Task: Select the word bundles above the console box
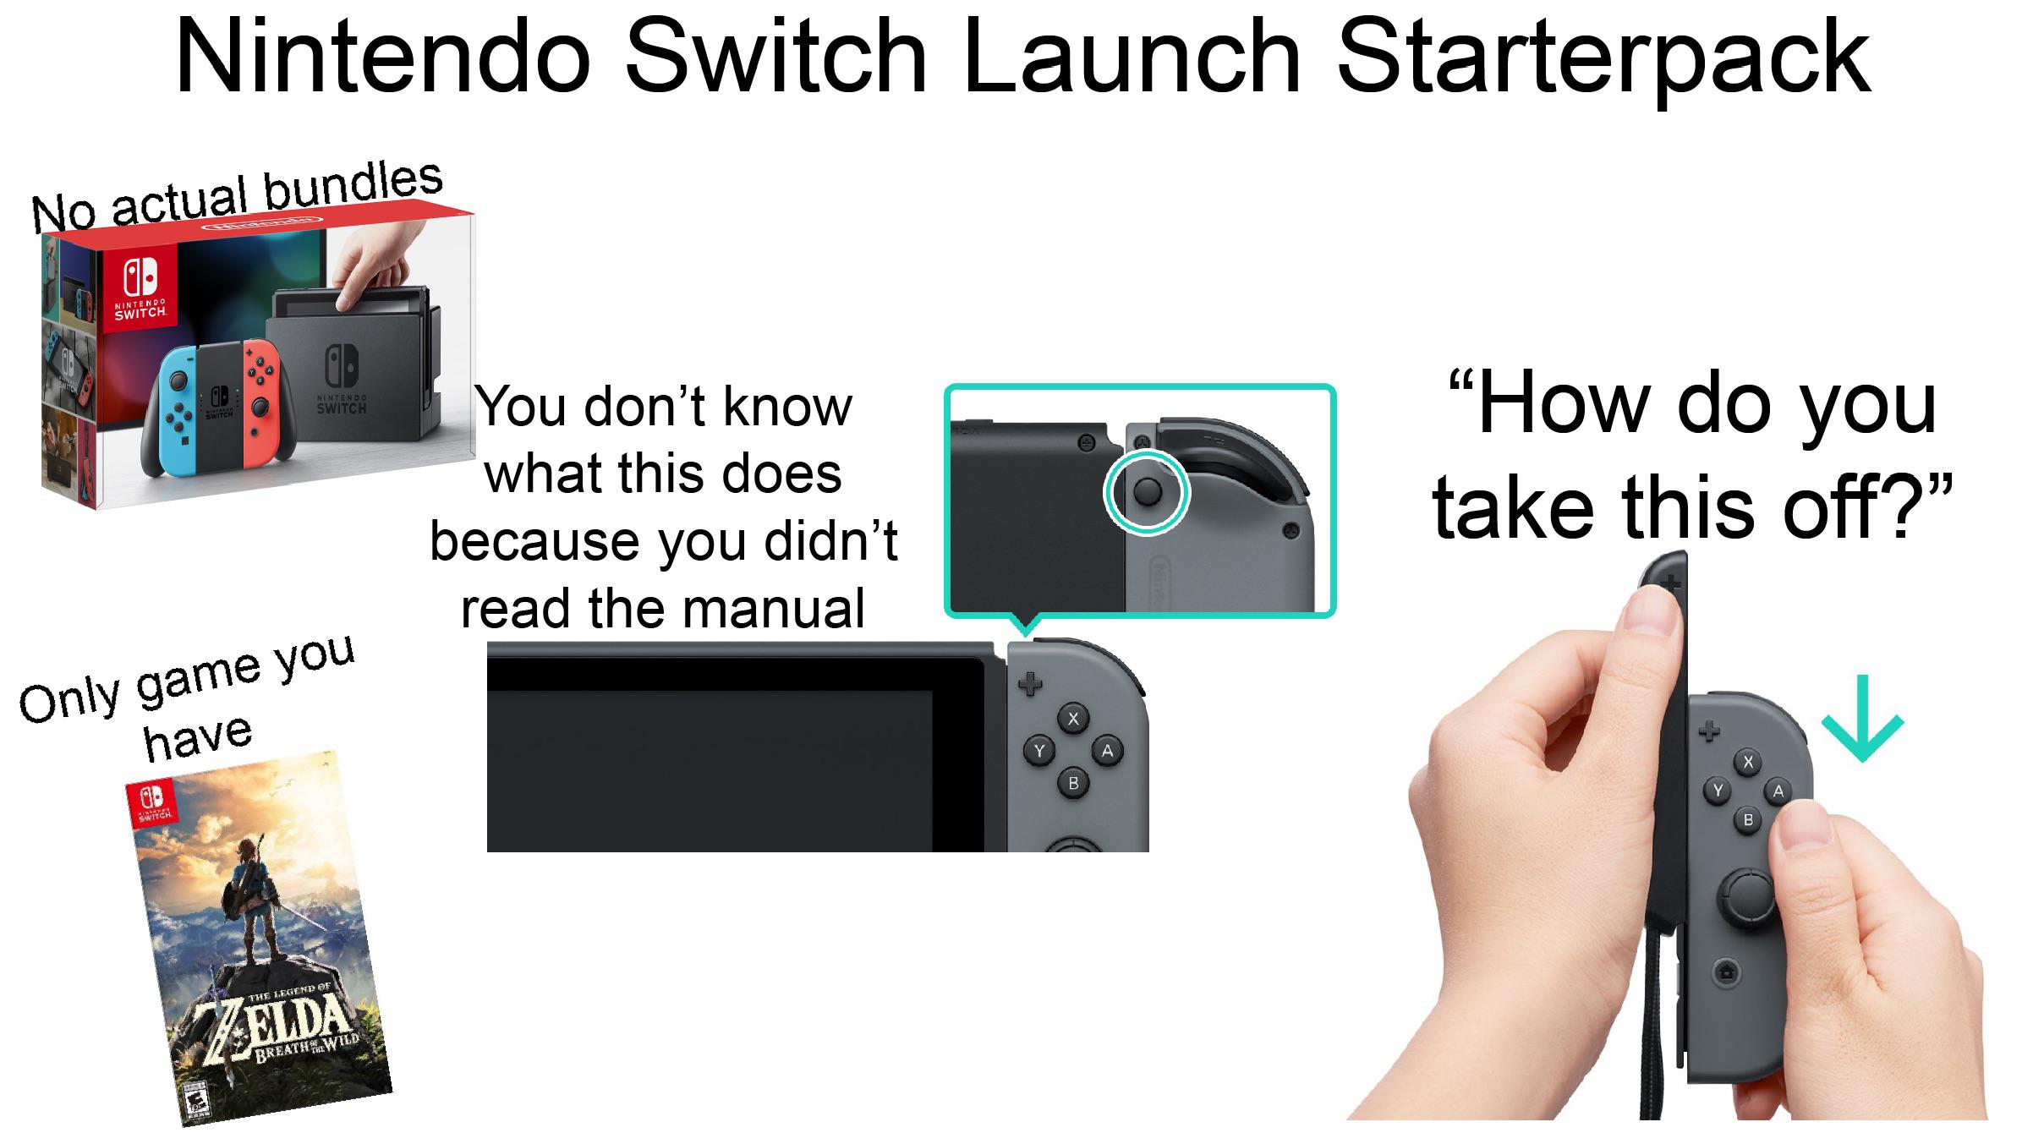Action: pos(353,186)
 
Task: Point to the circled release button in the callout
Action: pos(1147,492)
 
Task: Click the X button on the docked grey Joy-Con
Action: pos(1073,719)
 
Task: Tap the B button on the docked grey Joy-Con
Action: pos(1073,783)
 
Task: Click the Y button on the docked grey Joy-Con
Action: pos(1039,751)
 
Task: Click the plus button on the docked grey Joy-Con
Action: pos(1029,683)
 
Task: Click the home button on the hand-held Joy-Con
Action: pos(1726,972)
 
